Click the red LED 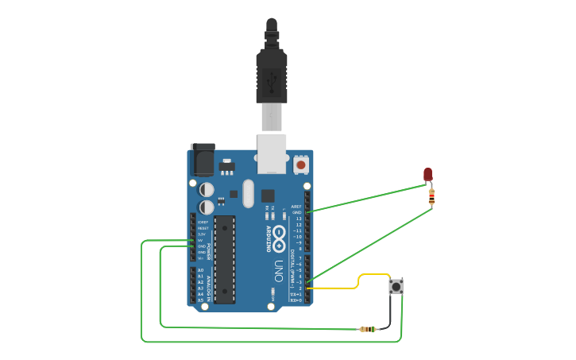coord(427,174)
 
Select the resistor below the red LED coord(431,196)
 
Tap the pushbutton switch coord(396,286)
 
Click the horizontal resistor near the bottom coord(368,329)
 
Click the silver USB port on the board coord(272,153)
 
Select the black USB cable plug coord(270,75)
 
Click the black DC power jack coord(202,159)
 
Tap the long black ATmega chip coord(225,259)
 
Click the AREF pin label coord(297,206)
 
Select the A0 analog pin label coord(200,270)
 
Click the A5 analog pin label coord(200,300)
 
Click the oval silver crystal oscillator coord(247,193)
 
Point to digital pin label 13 coord(299,219)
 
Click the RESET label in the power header coord(203,228)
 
